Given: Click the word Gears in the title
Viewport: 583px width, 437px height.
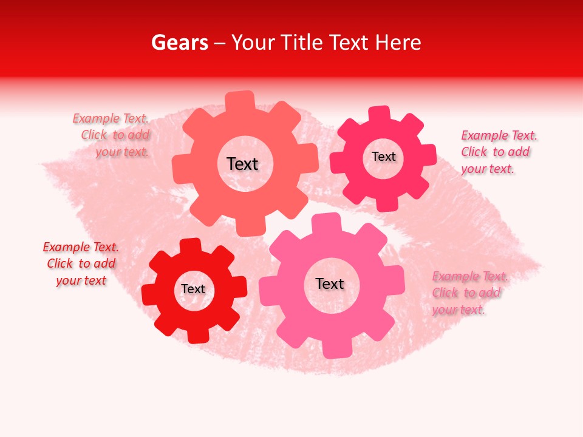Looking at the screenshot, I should [179, 42].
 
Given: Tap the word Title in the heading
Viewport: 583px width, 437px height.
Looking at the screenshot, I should [303, 42].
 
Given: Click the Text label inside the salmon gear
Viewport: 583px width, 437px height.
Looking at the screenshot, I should [242, 164].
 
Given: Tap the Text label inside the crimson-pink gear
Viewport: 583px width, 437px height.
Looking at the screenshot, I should [383, 157].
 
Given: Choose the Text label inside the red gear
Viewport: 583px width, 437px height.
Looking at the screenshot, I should [193, 290].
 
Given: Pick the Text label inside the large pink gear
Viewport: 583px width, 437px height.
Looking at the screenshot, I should [330, 284].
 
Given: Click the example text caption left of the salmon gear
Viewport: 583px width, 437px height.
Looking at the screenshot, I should [112, 135].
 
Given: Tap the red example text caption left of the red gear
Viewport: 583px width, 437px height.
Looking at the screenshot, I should [81, 263].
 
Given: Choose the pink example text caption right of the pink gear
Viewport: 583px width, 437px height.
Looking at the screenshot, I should [469, 293].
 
